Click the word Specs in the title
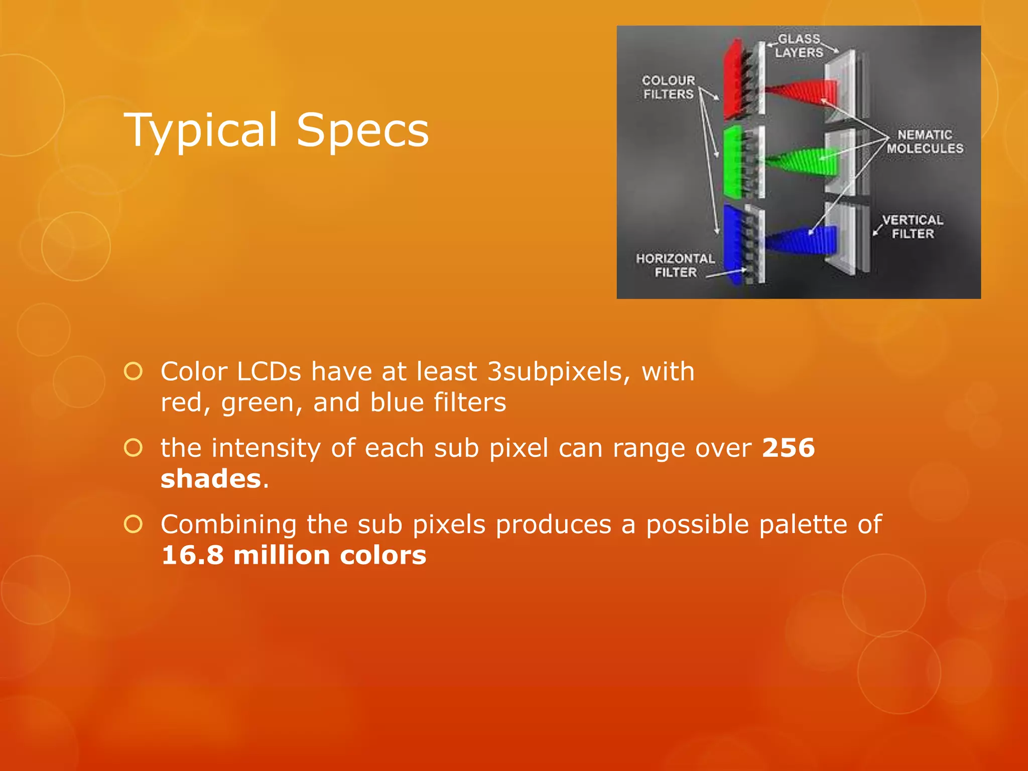tap(362, 131)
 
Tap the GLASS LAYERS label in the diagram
tap(799, 46)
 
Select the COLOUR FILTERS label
tap(669, 87)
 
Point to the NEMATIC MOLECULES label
tap(925, 142)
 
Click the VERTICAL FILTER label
tap(913, 227)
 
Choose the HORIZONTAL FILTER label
tap(675, 265)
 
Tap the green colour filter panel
tap(732, 162)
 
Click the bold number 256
tap(788, 448)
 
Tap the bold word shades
tap(211, 479)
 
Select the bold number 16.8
tap(192, 555)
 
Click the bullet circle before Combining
tap(134, 524)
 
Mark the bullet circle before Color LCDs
tap(134, 371)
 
